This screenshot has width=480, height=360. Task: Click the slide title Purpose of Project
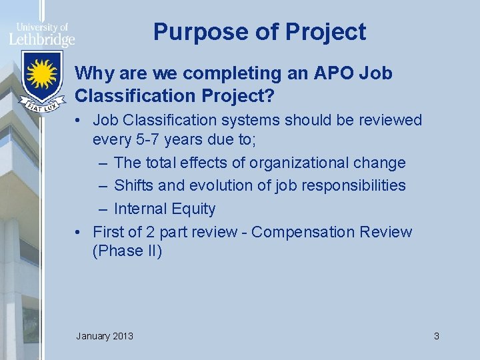tap(259, 32)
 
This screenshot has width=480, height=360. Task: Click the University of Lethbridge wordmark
tap(41, 35)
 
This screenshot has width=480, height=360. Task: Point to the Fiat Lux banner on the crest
tap(41, 103)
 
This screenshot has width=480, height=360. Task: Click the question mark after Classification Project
tap(269, 96)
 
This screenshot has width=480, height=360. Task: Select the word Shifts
tap(133, 185)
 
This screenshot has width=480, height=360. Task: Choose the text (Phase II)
tap(127, 251)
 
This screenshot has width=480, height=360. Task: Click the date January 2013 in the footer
tap(105, 336)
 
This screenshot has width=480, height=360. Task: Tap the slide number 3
tap(436, 336)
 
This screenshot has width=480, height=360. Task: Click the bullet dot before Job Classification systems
tap(79, 121)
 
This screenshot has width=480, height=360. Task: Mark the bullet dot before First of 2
tap(79, 232)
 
